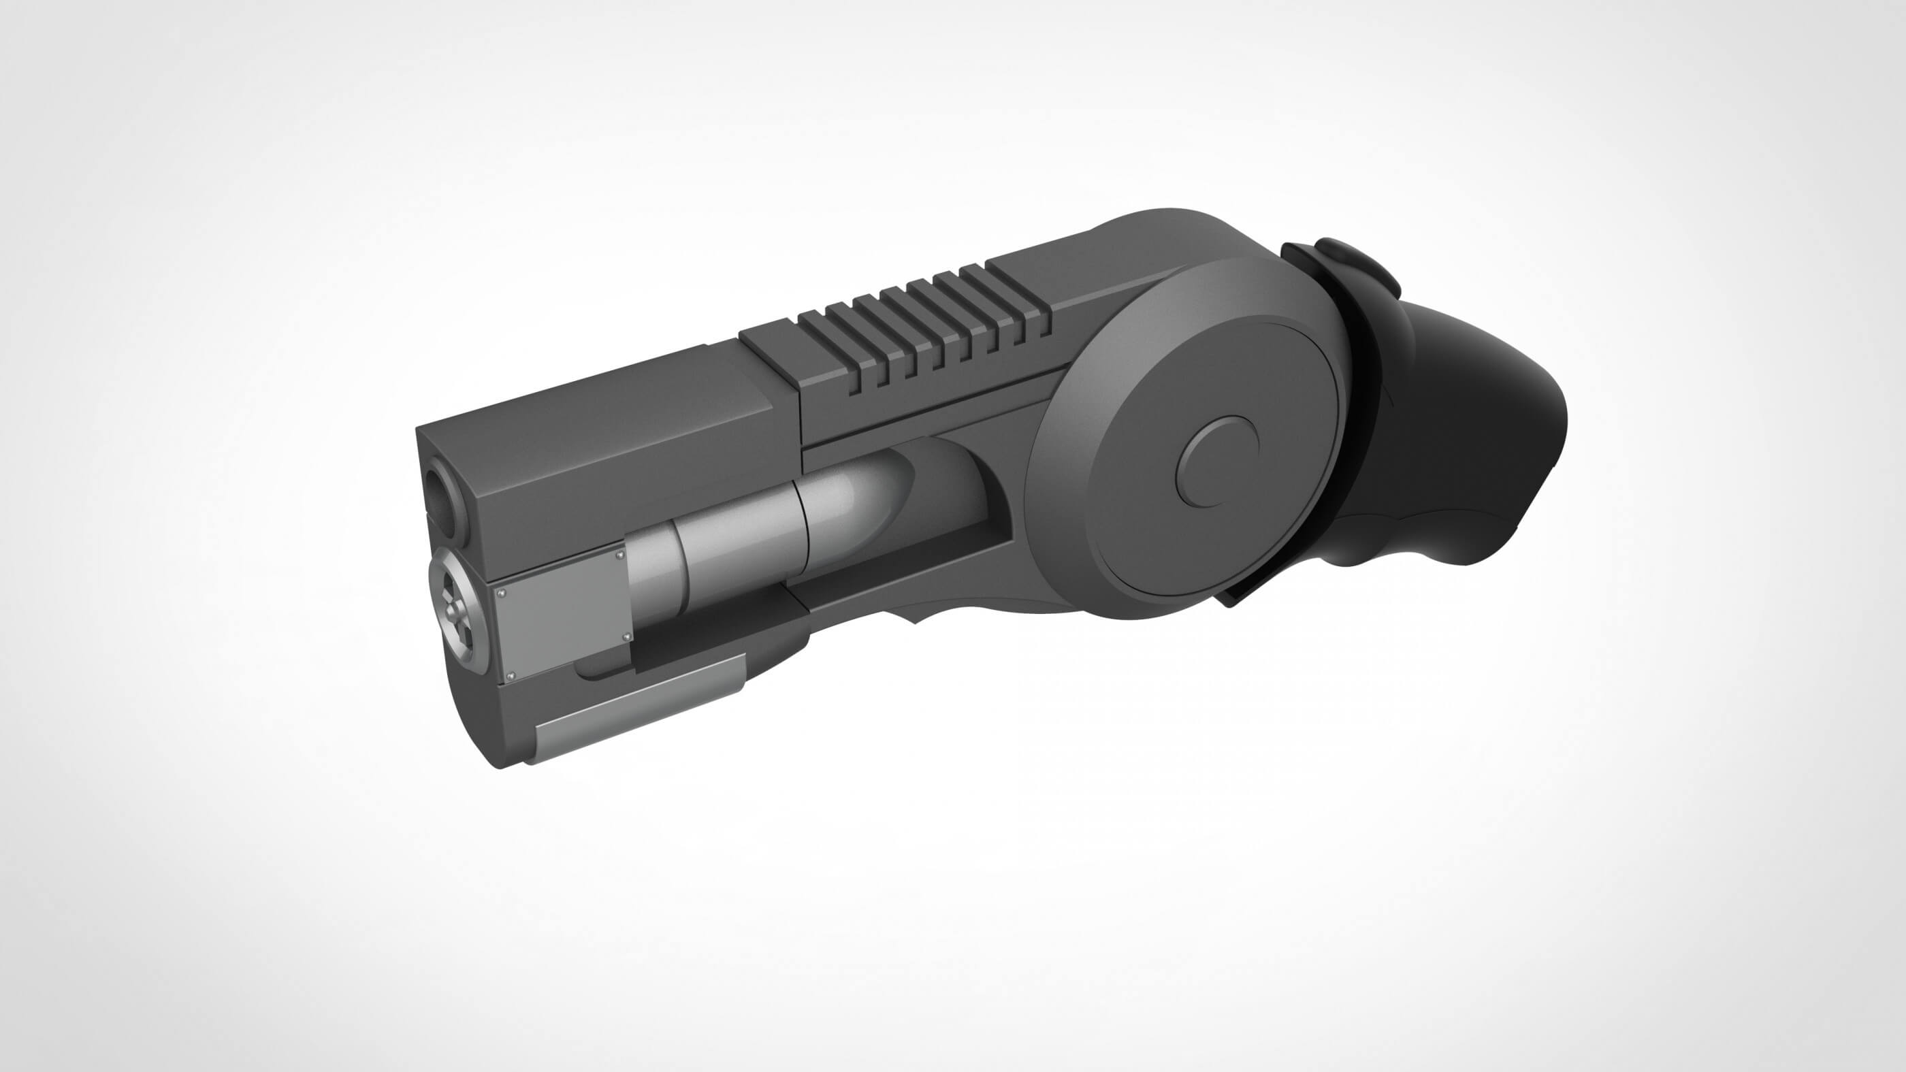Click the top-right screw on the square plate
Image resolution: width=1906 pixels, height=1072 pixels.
coord(620,555)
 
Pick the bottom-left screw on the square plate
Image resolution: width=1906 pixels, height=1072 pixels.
coord(511,675)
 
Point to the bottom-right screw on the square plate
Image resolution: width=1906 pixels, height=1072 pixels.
coord(628,636)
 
